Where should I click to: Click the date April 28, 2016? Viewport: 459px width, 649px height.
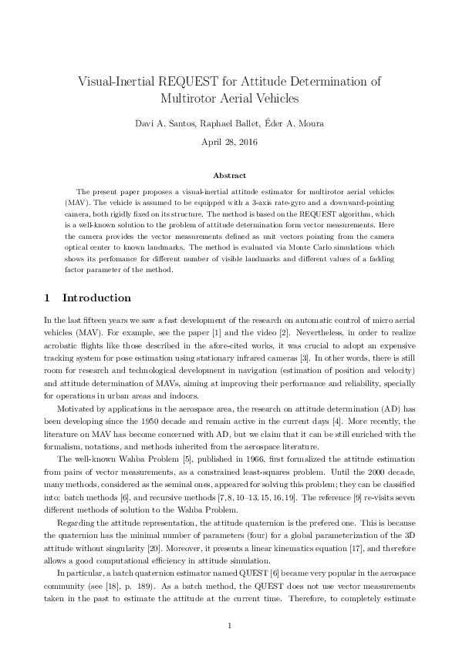229,142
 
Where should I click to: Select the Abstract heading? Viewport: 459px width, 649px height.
229,176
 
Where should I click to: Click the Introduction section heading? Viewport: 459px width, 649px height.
96,298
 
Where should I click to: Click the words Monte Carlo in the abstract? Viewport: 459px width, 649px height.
297,249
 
